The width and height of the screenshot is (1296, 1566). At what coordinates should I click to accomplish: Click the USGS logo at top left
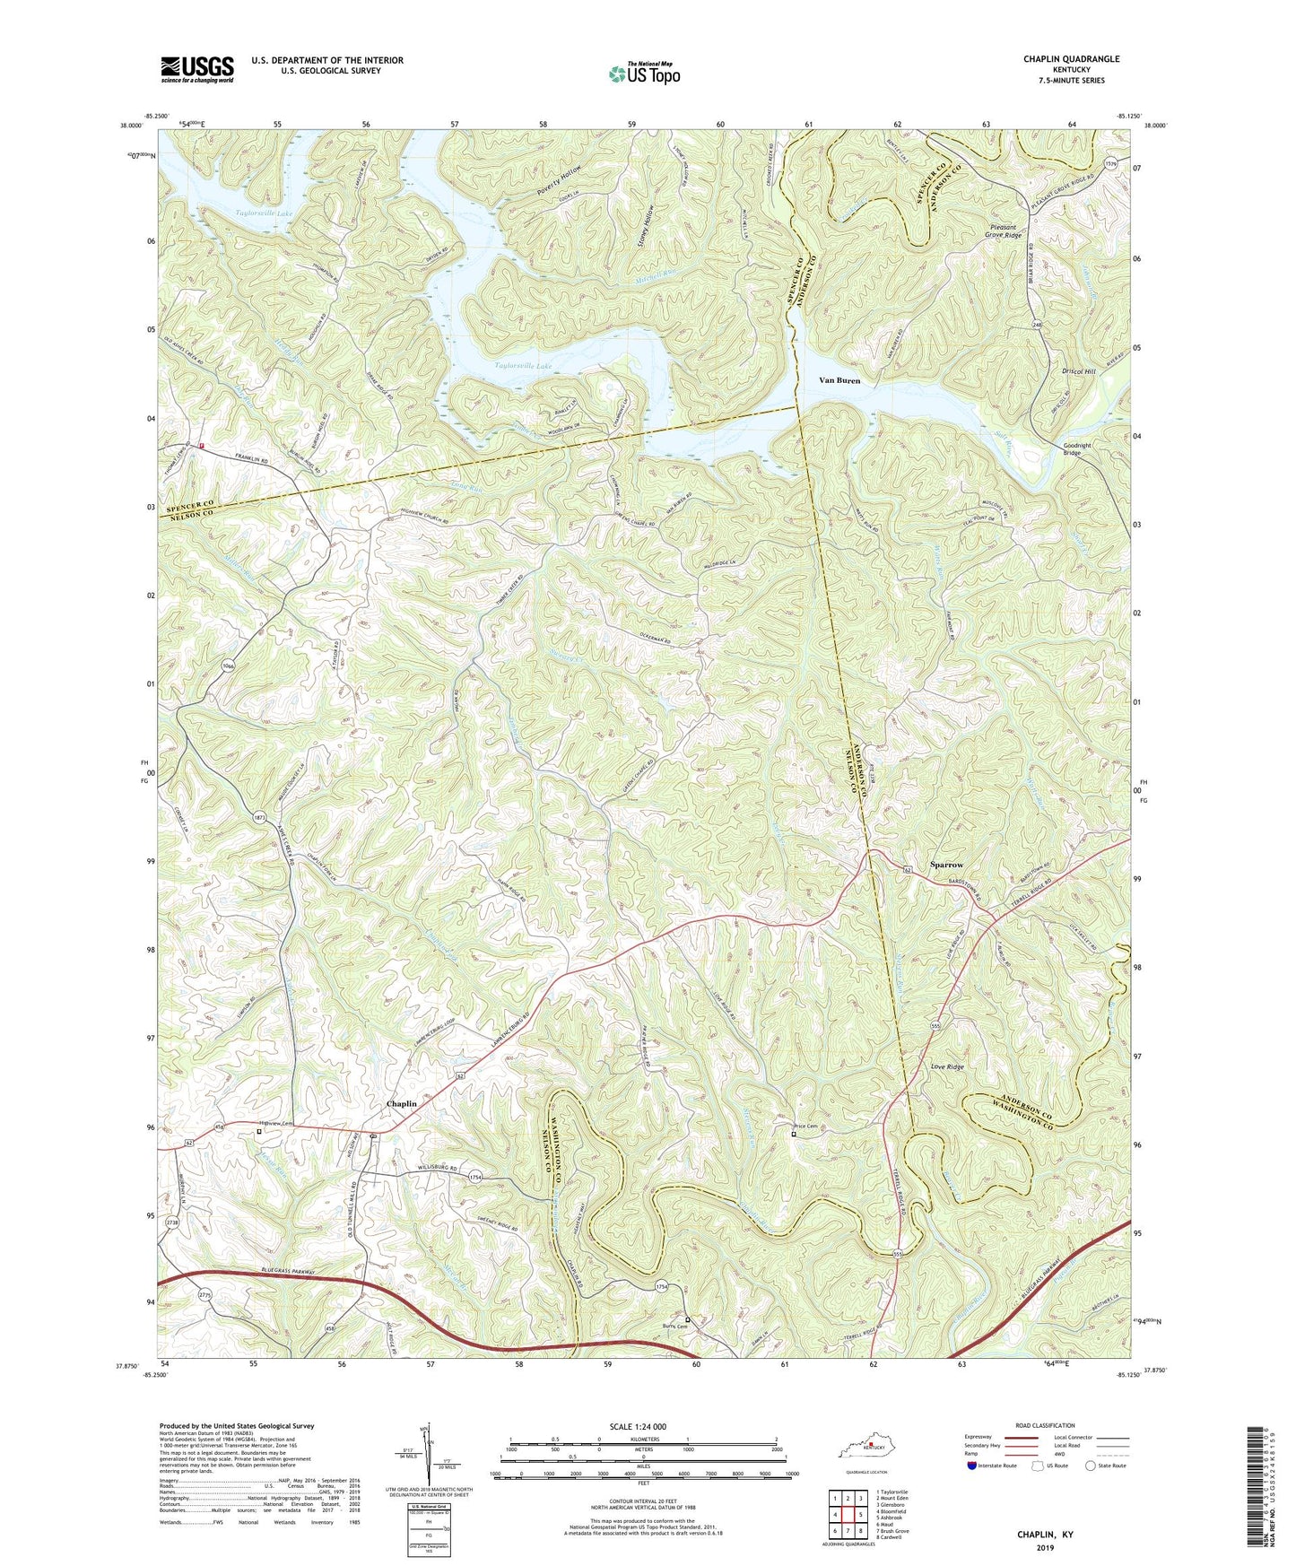point(197,68)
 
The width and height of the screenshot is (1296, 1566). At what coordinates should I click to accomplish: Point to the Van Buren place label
point(839,380)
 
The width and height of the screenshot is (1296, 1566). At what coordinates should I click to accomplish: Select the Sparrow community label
point(946,865)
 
